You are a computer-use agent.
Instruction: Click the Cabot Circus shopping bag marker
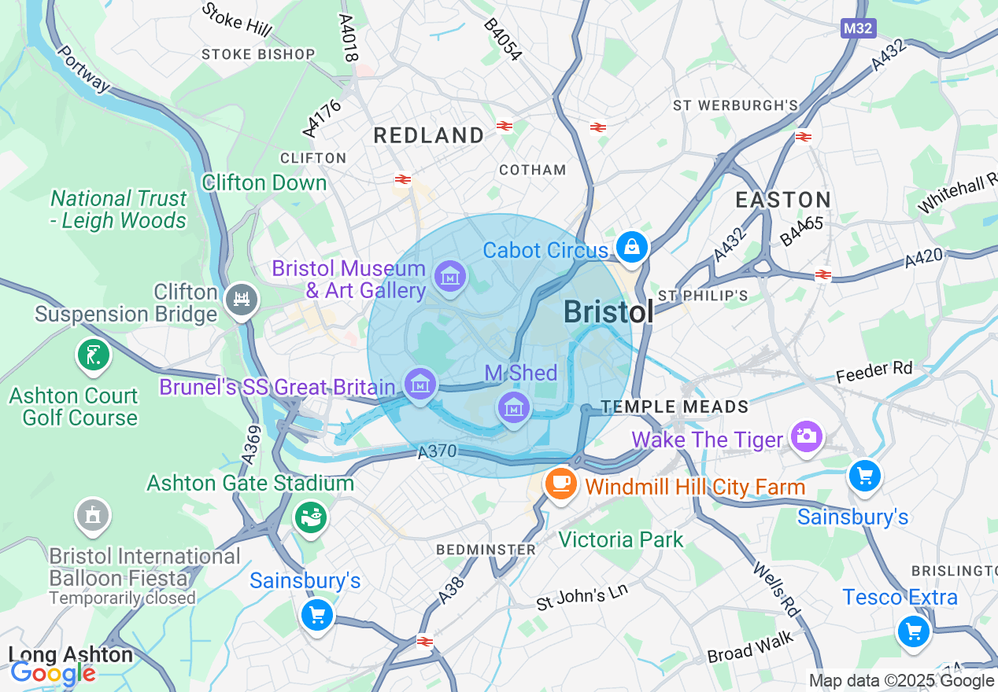click(x=631, y=247)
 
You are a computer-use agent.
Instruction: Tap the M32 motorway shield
click(x=858, y=28)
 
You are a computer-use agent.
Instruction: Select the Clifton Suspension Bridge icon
click(x=242, y=299)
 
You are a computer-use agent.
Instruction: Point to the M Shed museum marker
click(x=513, y=407)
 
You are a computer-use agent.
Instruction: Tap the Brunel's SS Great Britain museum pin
click(x=420, y=385)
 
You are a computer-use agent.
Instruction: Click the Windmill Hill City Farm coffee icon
click(x=560, y=482)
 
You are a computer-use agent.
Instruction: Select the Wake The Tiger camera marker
click(x=806, y=435)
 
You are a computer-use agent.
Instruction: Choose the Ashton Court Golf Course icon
click(x=93, y=355)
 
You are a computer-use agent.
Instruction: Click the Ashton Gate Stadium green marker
click(x=311, y=516)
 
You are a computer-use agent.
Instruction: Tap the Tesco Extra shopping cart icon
click(x=913, y=631)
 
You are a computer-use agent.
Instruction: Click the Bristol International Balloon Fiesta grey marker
click(x=93, y=516)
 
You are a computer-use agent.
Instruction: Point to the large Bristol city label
click(x=608, y=312)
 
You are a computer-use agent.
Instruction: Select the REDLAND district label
click(x=429, y=135)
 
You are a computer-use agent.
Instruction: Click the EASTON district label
click(x=783, y=200)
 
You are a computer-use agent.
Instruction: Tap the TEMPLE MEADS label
click(x=675, y=407)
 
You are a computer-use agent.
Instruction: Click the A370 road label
click(x=438, y=452)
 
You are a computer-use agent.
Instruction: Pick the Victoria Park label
click(x=621, y=539)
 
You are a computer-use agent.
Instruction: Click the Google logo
click(x=52, y=673)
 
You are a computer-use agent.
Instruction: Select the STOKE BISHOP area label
click(x=258, y=54)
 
